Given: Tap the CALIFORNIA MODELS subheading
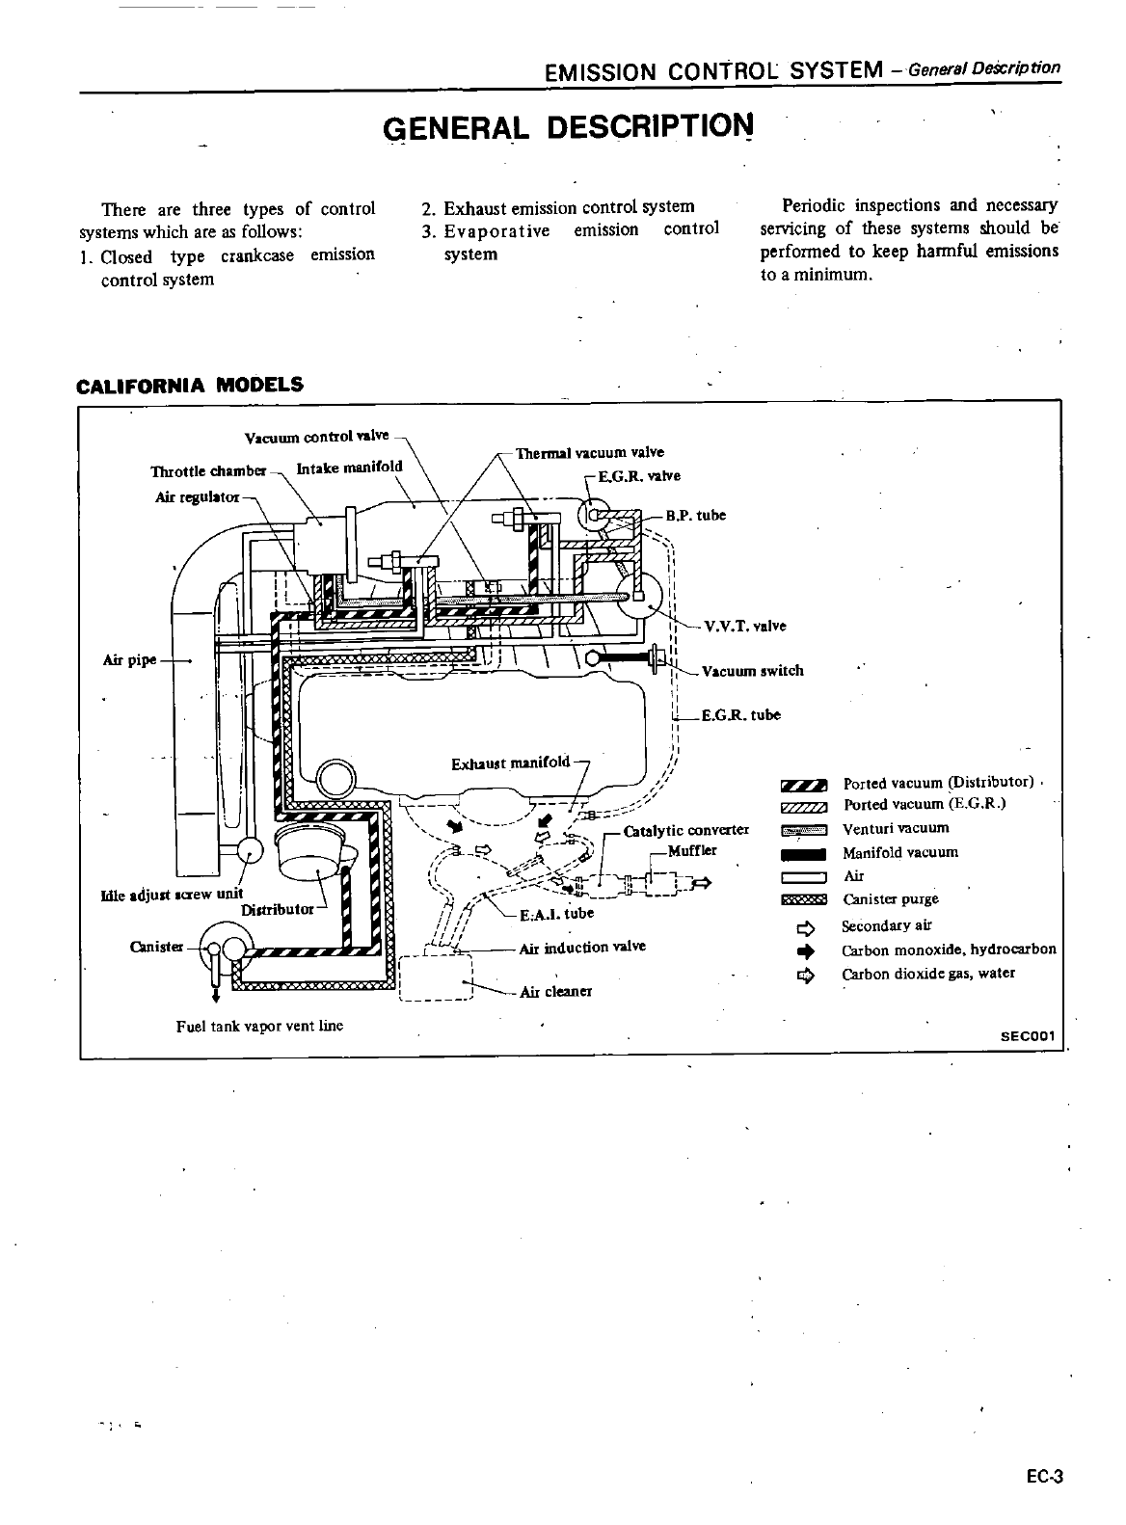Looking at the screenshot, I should pos(190,385).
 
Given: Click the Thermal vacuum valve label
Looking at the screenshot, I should pos(590,452).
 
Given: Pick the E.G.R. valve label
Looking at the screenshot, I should pos(639,476).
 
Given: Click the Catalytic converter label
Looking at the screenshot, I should pos(686,830).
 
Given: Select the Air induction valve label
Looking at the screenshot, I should pos(582,947).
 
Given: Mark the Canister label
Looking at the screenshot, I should pos(156,946).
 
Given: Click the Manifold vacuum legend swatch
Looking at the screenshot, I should pos(803,853).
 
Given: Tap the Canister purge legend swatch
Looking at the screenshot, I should pos(803,900).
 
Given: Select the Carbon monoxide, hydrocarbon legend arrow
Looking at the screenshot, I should pos(805,950).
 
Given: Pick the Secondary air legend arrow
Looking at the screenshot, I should pos(805,927).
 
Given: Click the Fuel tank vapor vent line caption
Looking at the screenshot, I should pos(259,1026).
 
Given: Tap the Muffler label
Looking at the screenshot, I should pos(692,850).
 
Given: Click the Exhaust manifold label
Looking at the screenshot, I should pos(511,763).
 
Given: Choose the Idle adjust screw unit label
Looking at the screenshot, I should pos(172,894).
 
